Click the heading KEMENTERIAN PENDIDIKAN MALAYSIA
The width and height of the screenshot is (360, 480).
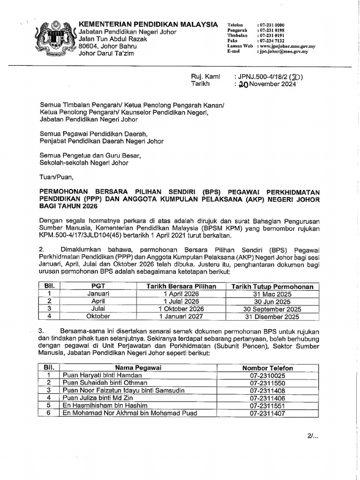148,24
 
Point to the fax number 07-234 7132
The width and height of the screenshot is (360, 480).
271,41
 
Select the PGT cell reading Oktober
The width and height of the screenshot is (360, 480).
98,316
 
